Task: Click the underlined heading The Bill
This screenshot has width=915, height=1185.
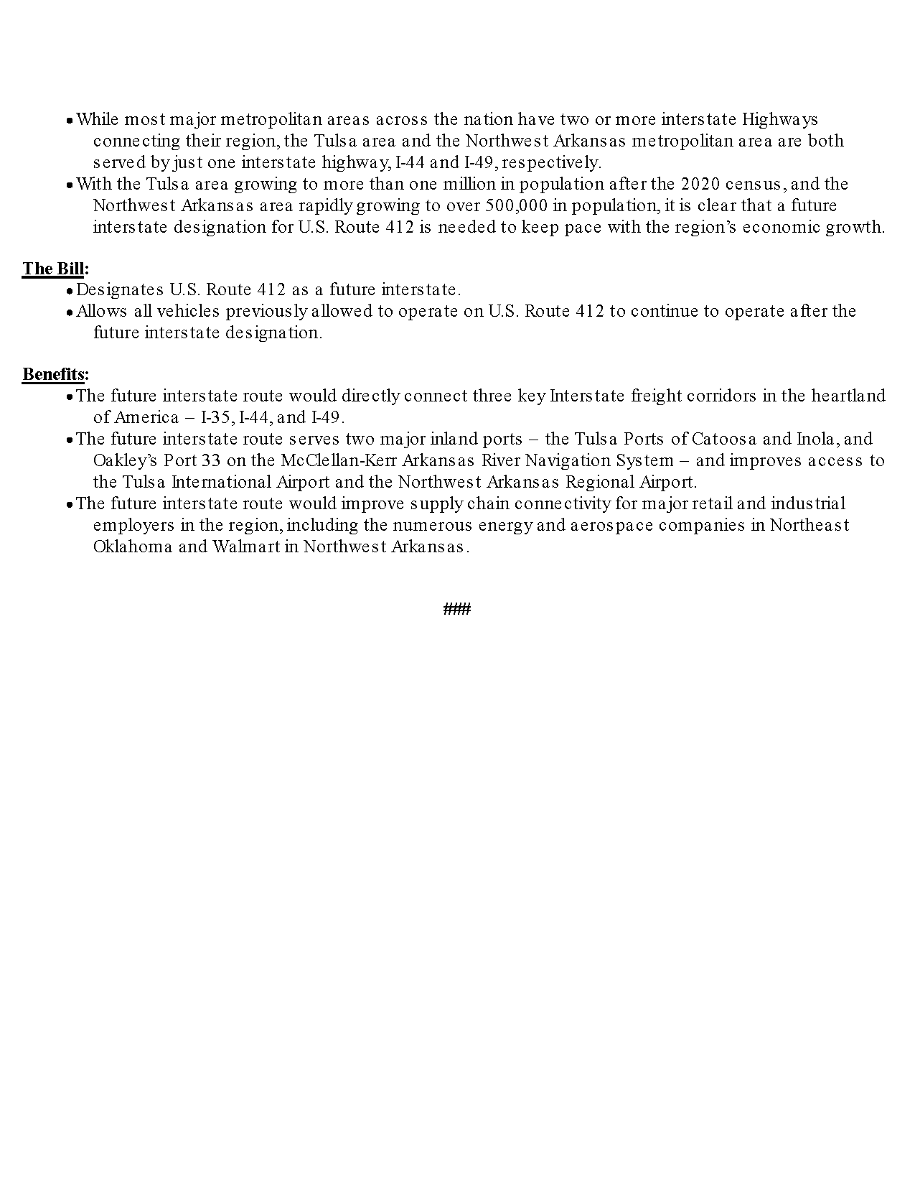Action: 54,269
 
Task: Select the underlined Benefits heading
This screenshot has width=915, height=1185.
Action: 55,374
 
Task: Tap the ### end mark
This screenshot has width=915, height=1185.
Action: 457,610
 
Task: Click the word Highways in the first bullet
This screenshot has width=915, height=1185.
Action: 779,119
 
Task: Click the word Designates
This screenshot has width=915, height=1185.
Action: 120,289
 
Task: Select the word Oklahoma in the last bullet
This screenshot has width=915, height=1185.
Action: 133,547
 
